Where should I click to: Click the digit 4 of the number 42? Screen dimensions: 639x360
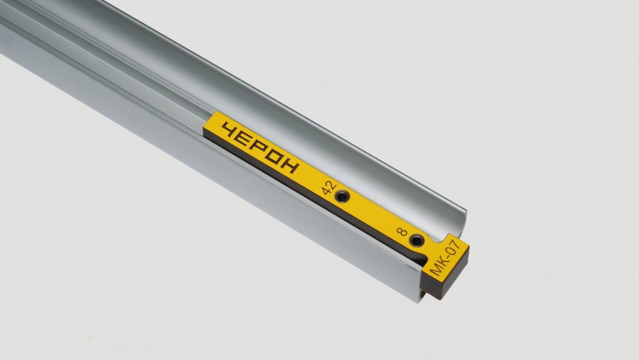pyautogui.click(x=326, y=191)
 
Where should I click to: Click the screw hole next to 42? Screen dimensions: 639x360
pyautogui.click(x=342, y=197)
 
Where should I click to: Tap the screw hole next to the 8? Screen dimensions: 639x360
pyautogui.click(x=416, y=241)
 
